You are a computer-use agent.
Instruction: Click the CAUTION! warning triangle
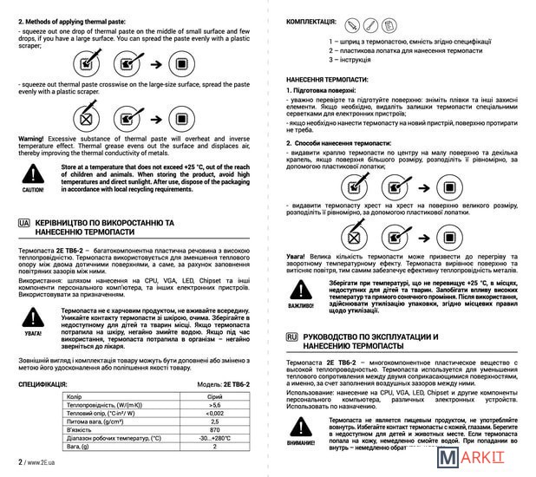(x=32, y=172)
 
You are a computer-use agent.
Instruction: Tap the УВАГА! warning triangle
(x=32, y=317)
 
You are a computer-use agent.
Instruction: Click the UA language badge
(x=23, y=223)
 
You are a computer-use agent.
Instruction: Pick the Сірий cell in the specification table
(x=214, y=395)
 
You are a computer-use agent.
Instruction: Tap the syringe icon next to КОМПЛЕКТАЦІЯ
(x=353, y=25)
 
